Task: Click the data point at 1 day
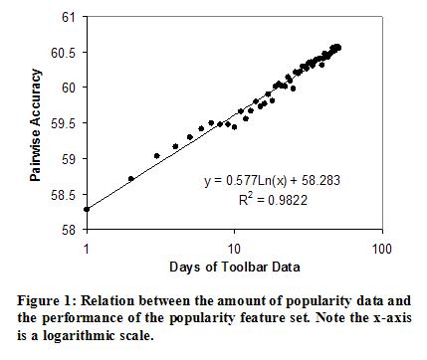click(87, 209)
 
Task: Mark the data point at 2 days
click(131, 179)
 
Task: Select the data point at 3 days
click(157, 156)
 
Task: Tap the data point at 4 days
click(175, 146)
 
